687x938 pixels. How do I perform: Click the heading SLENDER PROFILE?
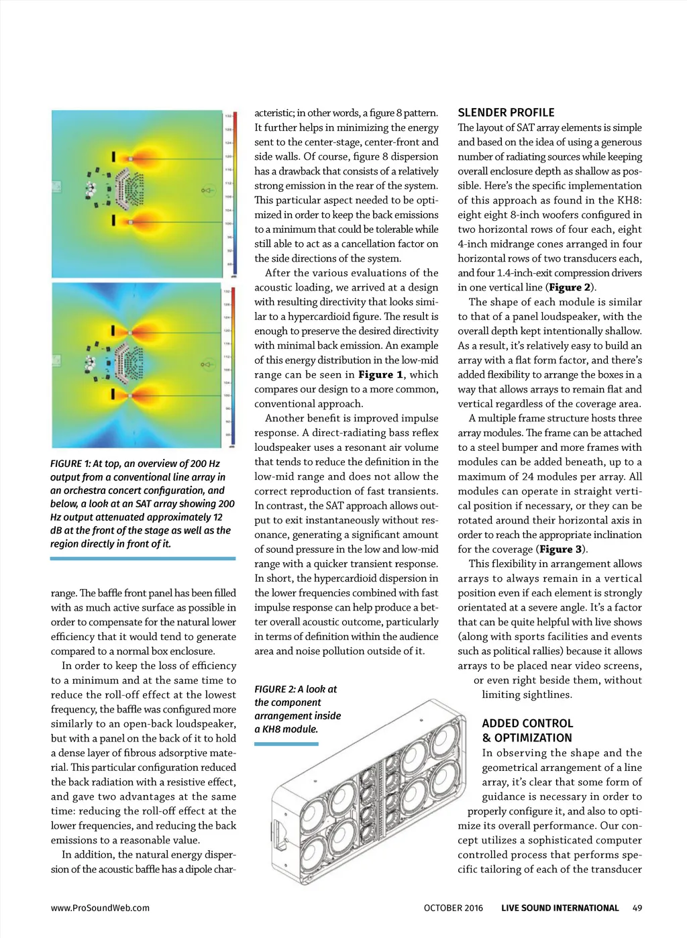pos(506,113)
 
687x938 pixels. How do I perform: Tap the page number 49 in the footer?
pos(637,908)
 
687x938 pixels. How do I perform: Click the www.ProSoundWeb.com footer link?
pos(100,908)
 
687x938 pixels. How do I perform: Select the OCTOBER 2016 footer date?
pos(453,908)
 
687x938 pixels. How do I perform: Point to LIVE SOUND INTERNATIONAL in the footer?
pos(560,908)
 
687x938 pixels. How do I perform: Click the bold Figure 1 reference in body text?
pos(380,374)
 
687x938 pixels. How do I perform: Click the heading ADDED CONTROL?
pos(527,723)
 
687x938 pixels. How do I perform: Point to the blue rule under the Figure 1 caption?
pos(143,558)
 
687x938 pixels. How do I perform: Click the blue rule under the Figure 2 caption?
pos(286,743)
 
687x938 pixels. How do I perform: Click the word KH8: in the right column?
pos(630,200)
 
